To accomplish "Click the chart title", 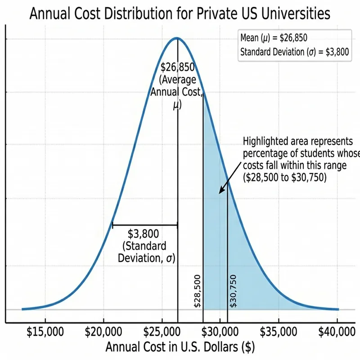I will point(180,13).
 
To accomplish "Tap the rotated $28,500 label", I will point(198,291).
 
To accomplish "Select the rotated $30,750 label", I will point(233,291).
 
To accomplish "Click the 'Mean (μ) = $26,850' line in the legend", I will point(274,38).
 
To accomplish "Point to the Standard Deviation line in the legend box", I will point(294,51).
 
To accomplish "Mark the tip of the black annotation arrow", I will point(219,193).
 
